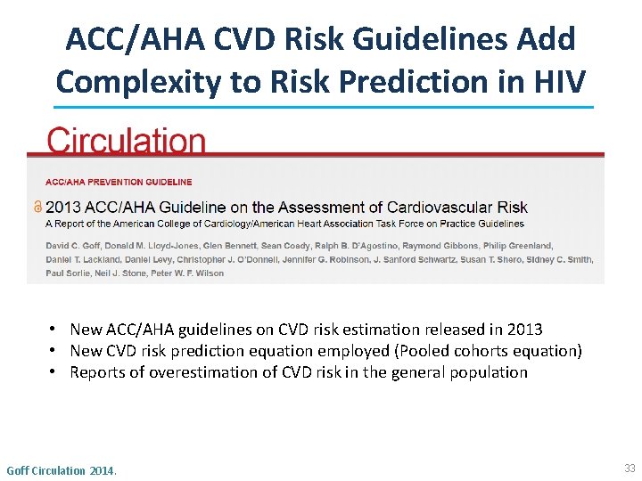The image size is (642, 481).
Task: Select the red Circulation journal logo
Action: (x=126, y=141)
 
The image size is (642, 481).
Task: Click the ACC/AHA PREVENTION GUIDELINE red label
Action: (x=119, y=182)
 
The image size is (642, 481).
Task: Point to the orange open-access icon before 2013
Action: (x=37, y=206)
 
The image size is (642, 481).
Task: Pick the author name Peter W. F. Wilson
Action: (x=190, y=273)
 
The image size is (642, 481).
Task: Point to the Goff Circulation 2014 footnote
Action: (x=62, y=469)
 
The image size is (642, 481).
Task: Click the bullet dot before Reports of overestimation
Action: (x=54, y=372)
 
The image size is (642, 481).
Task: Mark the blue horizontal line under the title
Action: (x=321, y=108)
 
